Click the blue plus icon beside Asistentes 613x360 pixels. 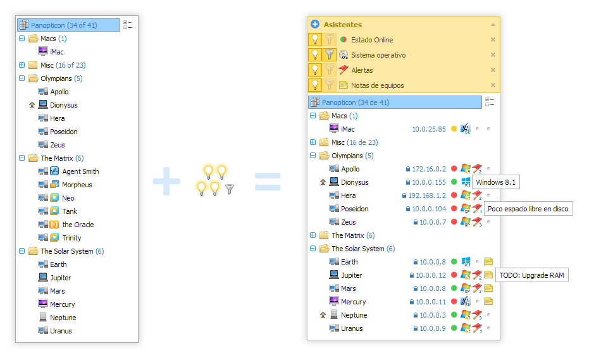pyautogui.click(x=314, y=24)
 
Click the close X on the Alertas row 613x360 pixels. pyautogui.click(x=493, y=70)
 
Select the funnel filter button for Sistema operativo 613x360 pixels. pyautogui.click(x=330, y=54)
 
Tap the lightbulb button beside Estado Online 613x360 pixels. pyautogui.click(x=314, y=39)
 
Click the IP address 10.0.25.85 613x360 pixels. pyautogui.click(x=429, y=129)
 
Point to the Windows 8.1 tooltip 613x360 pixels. pyautogui.click(x=496, y=182)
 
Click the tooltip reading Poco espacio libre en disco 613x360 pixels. pyautogui.click(x=528, y=209)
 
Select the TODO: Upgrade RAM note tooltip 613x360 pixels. pyautogui.click(x=531, y=275)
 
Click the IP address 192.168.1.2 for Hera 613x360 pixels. pyautogui.click(x=427, y=196)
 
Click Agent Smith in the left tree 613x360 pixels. pyautogui.click(x=80, y=171)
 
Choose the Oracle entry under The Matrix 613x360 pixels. pyautogui.click(x=78, y=225)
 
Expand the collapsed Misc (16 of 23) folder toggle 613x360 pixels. pyautogui.click(x=22, y=65)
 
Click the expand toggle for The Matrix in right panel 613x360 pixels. pyautogui.click(x=313, y=235)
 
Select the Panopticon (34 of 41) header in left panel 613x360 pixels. pyautogui.click(x=68, y=25)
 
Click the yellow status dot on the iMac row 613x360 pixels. pyautogui.click(x=454, y=128)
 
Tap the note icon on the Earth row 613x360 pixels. pyautogui.click(x=488, y=261)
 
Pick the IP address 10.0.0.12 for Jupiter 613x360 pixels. pyautogui.click(x=431, y=275)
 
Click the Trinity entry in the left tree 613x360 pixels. pyautogui.click(x=71, y=238)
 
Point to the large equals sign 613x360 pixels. pyautogui.click(x=268, y=182)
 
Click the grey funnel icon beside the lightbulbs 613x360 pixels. pyautogui.click(x=230, y=189)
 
